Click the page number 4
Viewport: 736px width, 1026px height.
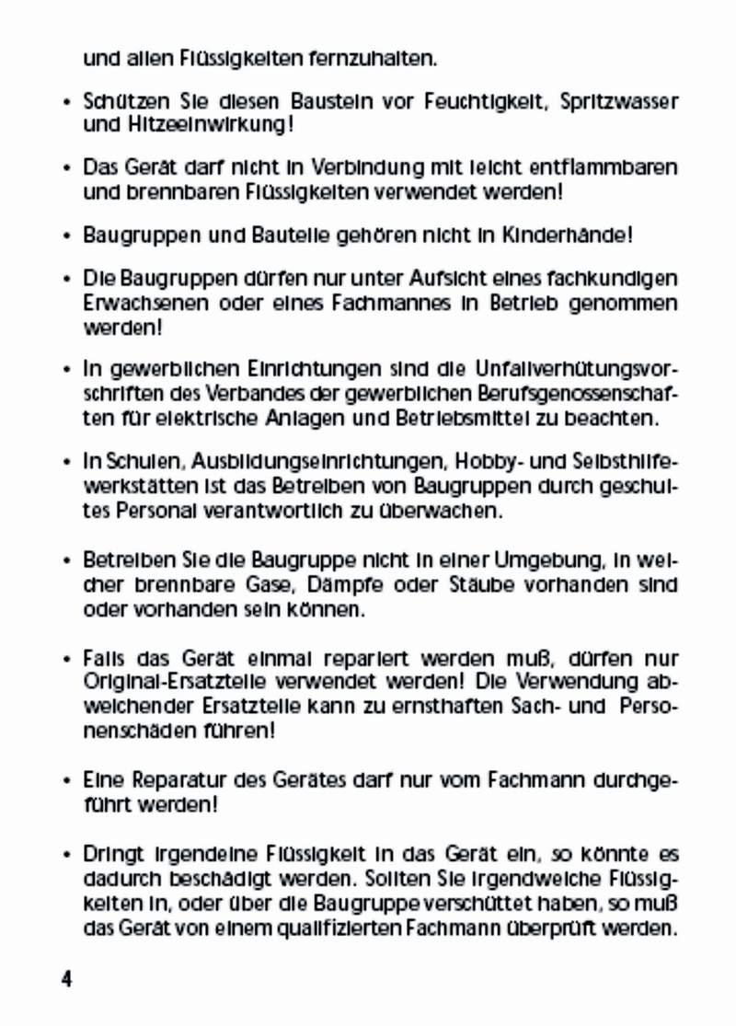pos(66,978)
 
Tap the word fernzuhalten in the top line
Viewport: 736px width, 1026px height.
pos(370,60)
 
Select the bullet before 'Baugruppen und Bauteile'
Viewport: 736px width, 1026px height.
pos(68,236)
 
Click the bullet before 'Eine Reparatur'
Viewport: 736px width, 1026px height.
pos(68,782)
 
